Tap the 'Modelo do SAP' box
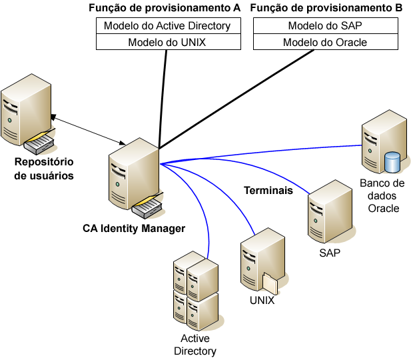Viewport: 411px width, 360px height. click(x=325, y=26)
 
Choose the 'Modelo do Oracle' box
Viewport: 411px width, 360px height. click(x=325, y=42)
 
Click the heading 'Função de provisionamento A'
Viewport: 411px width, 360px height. click(x=164, y=8)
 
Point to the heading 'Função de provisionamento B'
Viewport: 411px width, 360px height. click(x=325, y=8)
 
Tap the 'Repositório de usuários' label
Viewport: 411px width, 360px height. click(x=45, y=169)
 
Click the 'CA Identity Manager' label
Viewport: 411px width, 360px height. click(x=134, y=228)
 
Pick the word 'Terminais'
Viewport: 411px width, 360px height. click(x=268, y=191)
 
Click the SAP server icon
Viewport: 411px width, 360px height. click(x=328, y=213)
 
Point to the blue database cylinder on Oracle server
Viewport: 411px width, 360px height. click(x=392, y=162)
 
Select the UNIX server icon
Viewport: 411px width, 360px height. click(x=261, y=261)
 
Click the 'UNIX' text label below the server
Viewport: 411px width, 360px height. click(x=262, y=300)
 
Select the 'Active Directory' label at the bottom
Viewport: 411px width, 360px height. click(x=195, y=345)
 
